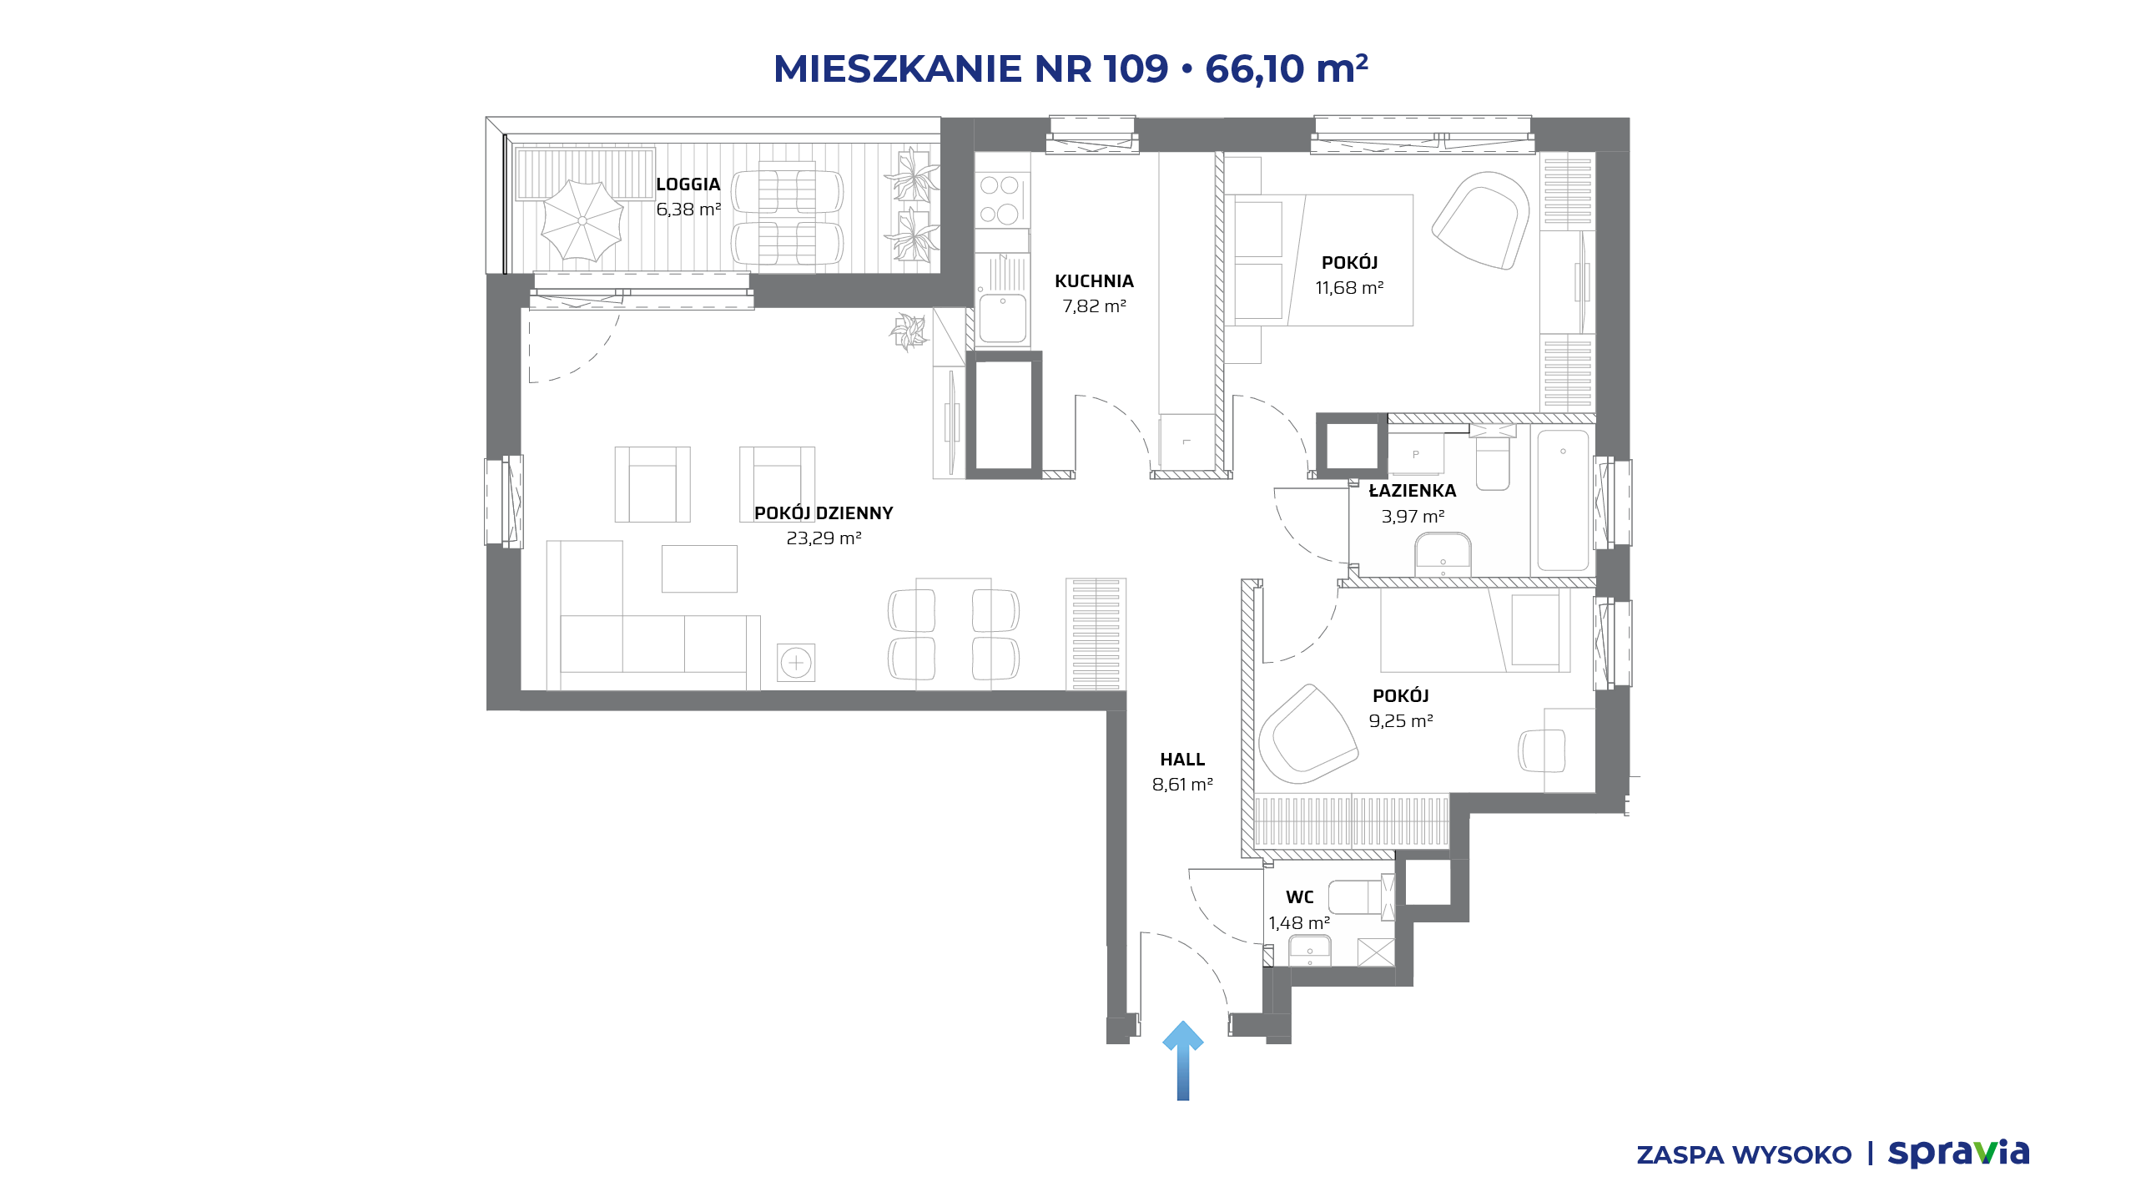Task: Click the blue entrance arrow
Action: pyautogui.click(x=1182, y=1060)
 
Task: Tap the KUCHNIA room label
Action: pyautogui.click(x=1094, y=281)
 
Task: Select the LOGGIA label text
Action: pyautogui.click(x=688, y=184)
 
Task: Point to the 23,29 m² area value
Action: pyautogui.click(x=824, y=538)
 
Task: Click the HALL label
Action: pyautogui.click(x=1182, y=760)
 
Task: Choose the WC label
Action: pyautogui.click(x=1300, y=897)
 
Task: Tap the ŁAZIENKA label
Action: pyautogui.click(x=1413, y=491)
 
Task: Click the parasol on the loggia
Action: pyautogui.click(x=582, y=220)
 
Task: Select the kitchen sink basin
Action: pyautogui.click(x=1002, y=318)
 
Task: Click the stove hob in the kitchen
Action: pyautogui.click(x=1000, y=199)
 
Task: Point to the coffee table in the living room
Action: pyautogui.click(x=699, y=568)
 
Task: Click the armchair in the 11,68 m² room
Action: pyautogui.click(x=1481, y=220)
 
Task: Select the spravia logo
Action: pyautogui.click(x=1958, y=1153)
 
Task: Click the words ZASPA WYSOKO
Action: pyautogui.click(x=1744, y=1154)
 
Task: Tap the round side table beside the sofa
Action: pyautogui.click(x=796, y=663)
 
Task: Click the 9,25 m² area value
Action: pyautogui.click(x=1401, y=721)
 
